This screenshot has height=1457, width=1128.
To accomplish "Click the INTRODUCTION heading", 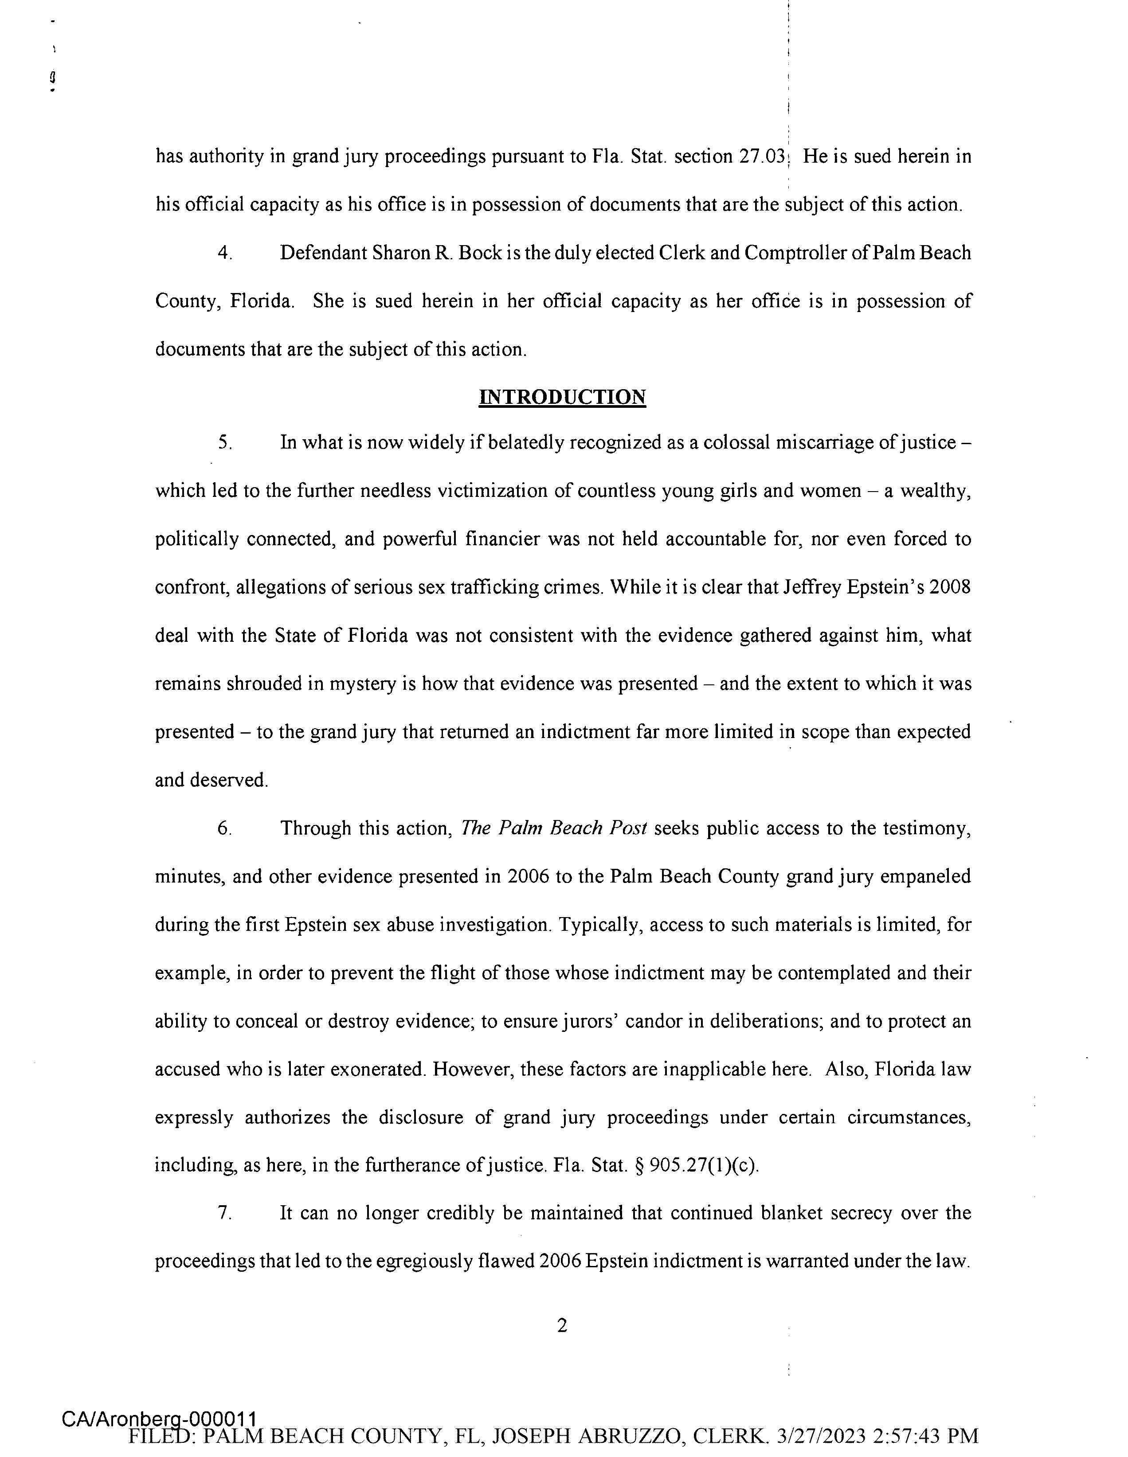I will pyautogui.click(x=563, y=397).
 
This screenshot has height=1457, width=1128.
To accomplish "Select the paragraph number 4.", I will pyautogui.click(x=225, y=254).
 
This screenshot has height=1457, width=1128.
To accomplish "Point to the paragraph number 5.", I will pyautogui.click(x=225, y=443).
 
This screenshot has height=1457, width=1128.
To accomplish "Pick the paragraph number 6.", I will pyautogui.click(x=225, y=828).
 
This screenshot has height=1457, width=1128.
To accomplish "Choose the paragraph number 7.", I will pyautogui.click(x=225, y=1213).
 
